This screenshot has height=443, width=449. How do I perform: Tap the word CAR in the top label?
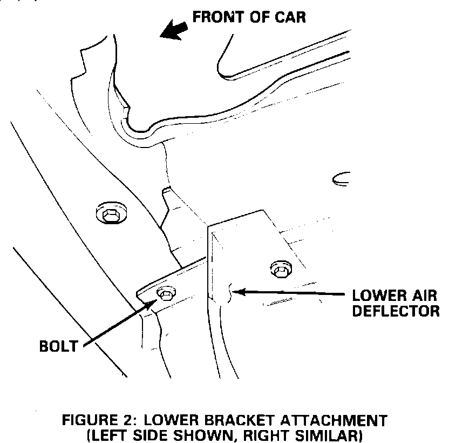(x=290, y=17)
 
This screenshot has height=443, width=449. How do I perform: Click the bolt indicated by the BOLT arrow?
(x=165, y=293)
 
